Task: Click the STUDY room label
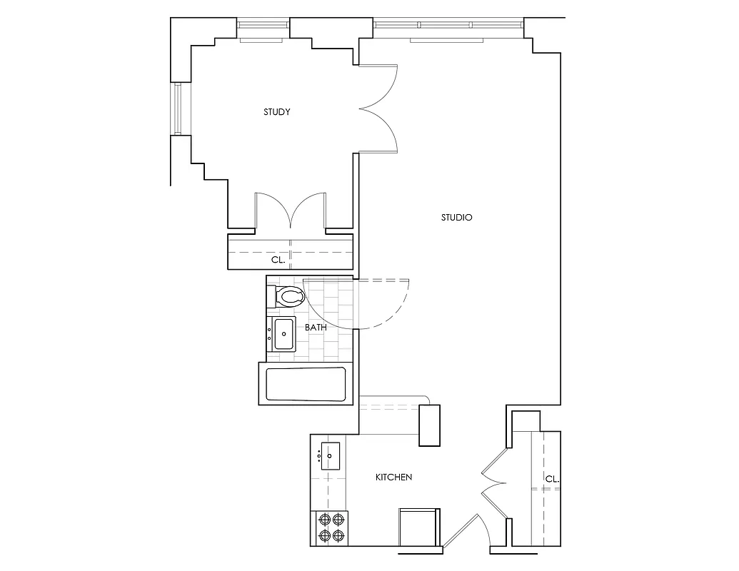point(276,112)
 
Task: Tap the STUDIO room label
point(457,218)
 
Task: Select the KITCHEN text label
point(394,477)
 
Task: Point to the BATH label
point(316,327)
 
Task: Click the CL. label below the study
point(278,261)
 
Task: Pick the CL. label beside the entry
point(551,479)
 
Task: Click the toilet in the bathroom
point(288,295)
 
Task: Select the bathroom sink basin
point(284,334)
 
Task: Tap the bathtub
point(306,384)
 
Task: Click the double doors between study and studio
point(378,108)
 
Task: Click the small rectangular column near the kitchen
point(431,425)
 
